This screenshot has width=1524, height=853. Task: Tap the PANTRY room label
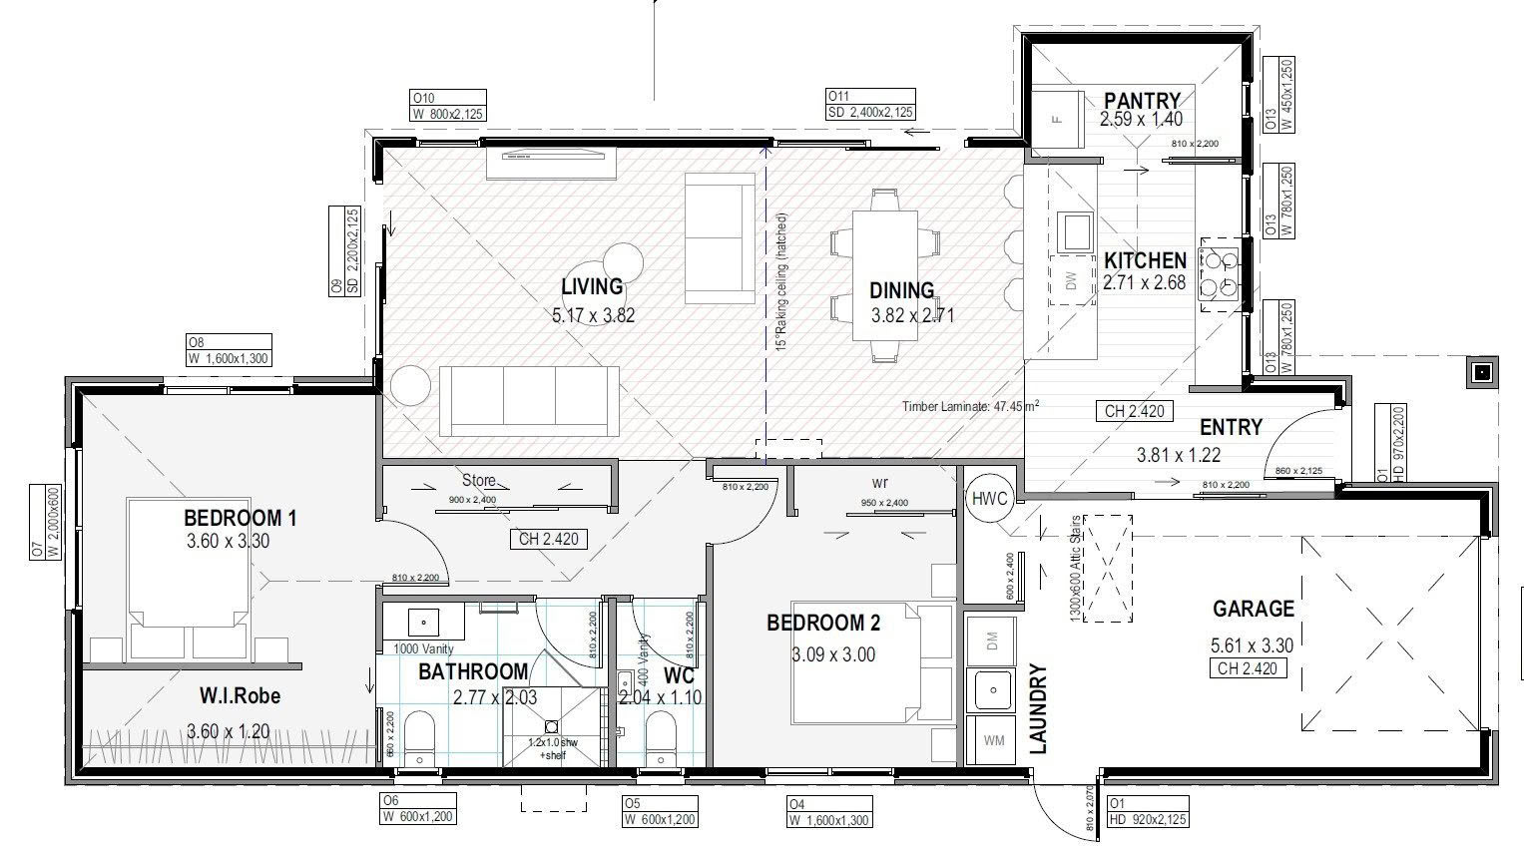(x=1142, y=101)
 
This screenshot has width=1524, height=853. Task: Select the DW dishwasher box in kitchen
(x=1072, y=281)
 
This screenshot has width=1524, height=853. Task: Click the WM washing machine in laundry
(x=993, y=740)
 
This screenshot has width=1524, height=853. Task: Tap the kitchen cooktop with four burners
(x=1220, y=274)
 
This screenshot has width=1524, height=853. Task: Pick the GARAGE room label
(x=1253, y=609)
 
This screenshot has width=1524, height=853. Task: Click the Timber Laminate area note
(x=970, y=406)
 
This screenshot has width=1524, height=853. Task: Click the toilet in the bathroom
(x=419, y=738)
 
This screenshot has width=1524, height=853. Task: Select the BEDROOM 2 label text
(x=822, y=624)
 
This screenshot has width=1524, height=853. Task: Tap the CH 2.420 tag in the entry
(x=1134, y=411)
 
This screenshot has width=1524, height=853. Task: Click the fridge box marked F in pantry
(x=1057, y=120)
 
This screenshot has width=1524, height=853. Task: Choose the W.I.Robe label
(x=240, y=695)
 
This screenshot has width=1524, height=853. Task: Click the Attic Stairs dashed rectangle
(x=1107, y=567)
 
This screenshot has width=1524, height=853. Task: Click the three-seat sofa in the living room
(x=529, y=401)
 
